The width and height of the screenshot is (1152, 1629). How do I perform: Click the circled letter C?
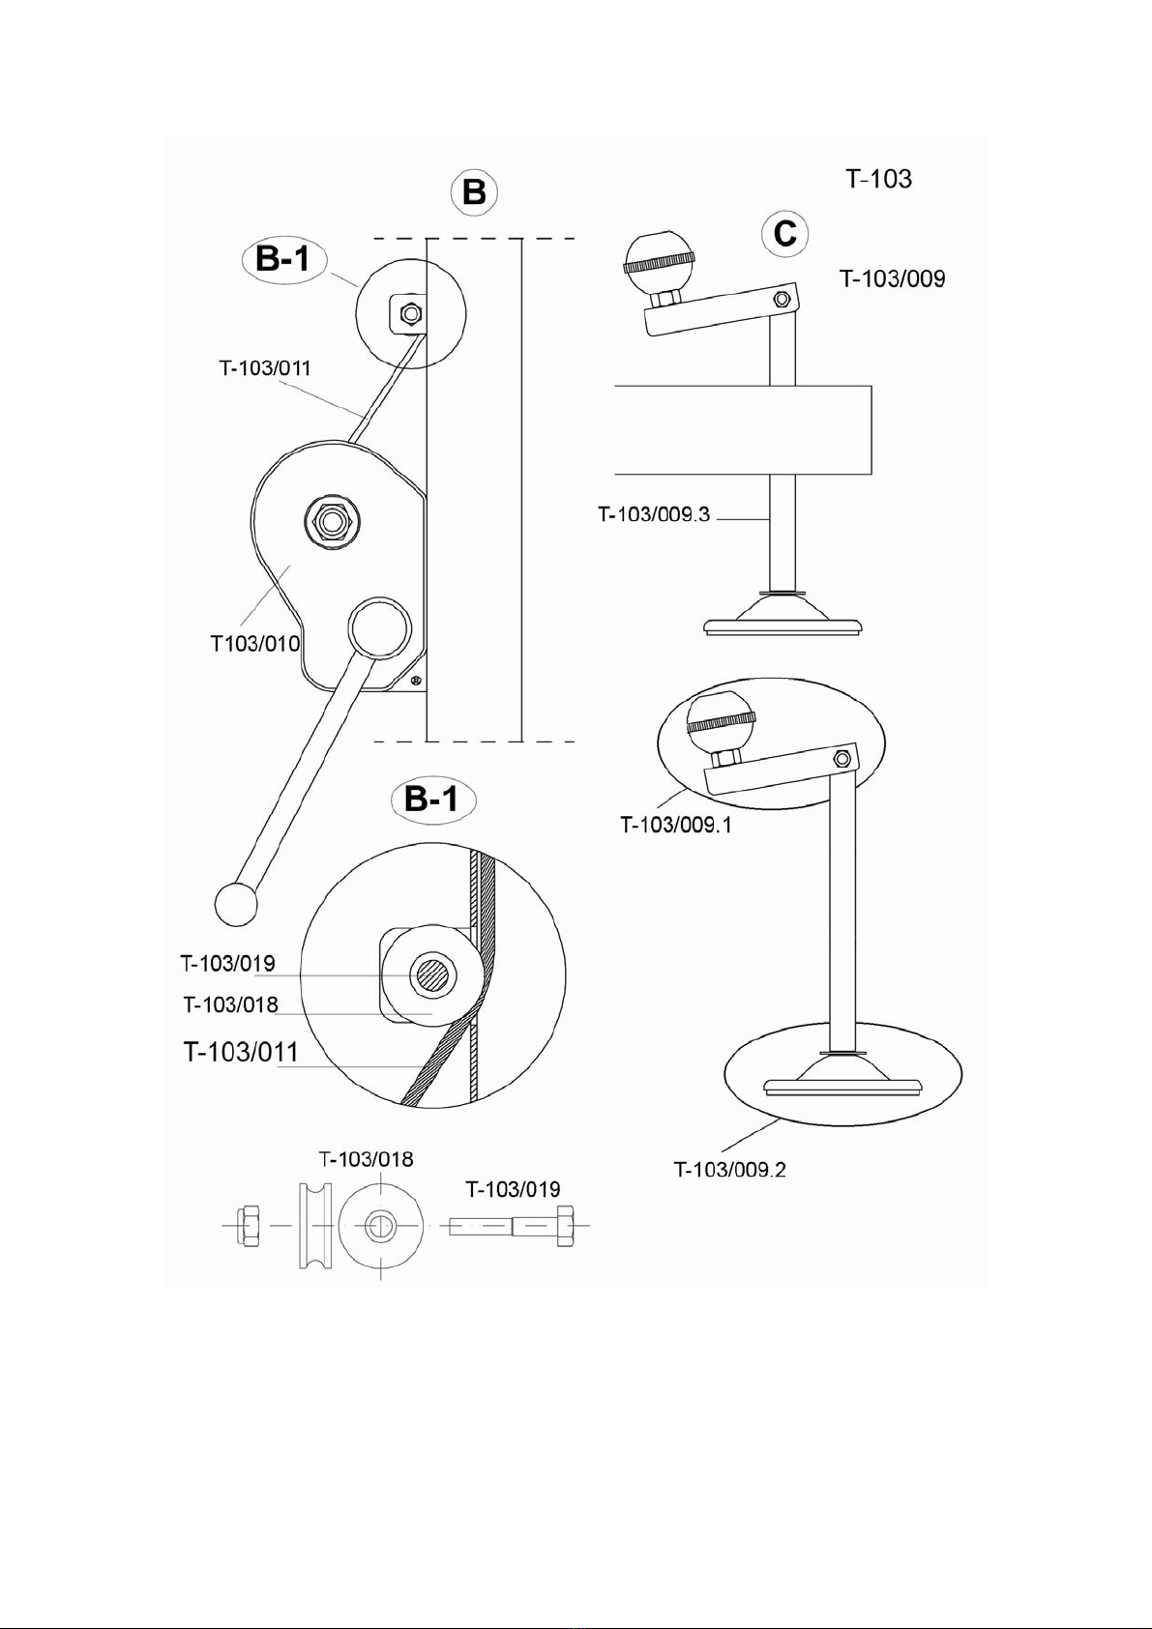tap(784, 234)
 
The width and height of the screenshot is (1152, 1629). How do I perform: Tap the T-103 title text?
tap(878, 179)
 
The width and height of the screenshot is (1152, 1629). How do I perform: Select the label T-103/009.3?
tap(654, 514)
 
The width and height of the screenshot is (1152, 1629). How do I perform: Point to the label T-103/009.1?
tap(676, 825)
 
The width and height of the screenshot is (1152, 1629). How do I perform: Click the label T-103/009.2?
tap(729, 1170)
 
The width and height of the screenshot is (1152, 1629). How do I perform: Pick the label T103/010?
tap(255, 644)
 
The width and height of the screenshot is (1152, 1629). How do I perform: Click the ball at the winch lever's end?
tap(235, 903)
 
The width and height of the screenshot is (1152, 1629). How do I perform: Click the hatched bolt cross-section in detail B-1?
tap(432, 975)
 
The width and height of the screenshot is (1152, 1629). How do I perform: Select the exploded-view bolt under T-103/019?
tap(513, 1226)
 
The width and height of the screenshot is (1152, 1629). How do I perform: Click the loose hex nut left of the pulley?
tap(248, 1226)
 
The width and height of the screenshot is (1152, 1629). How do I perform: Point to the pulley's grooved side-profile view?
tap(314, 1226)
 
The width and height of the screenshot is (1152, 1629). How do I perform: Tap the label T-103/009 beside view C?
tap(892, 279)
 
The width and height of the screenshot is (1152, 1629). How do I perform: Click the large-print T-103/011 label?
tap(241, 1052)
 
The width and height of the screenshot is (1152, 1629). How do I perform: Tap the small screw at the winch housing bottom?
tap(415, 682)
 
